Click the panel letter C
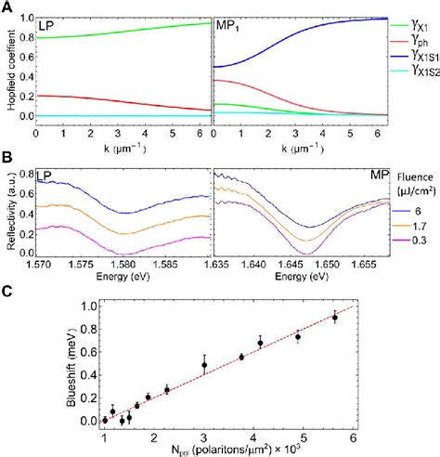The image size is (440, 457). pos(7,290)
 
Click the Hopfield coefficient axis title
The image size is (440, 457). pos(8,71)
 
